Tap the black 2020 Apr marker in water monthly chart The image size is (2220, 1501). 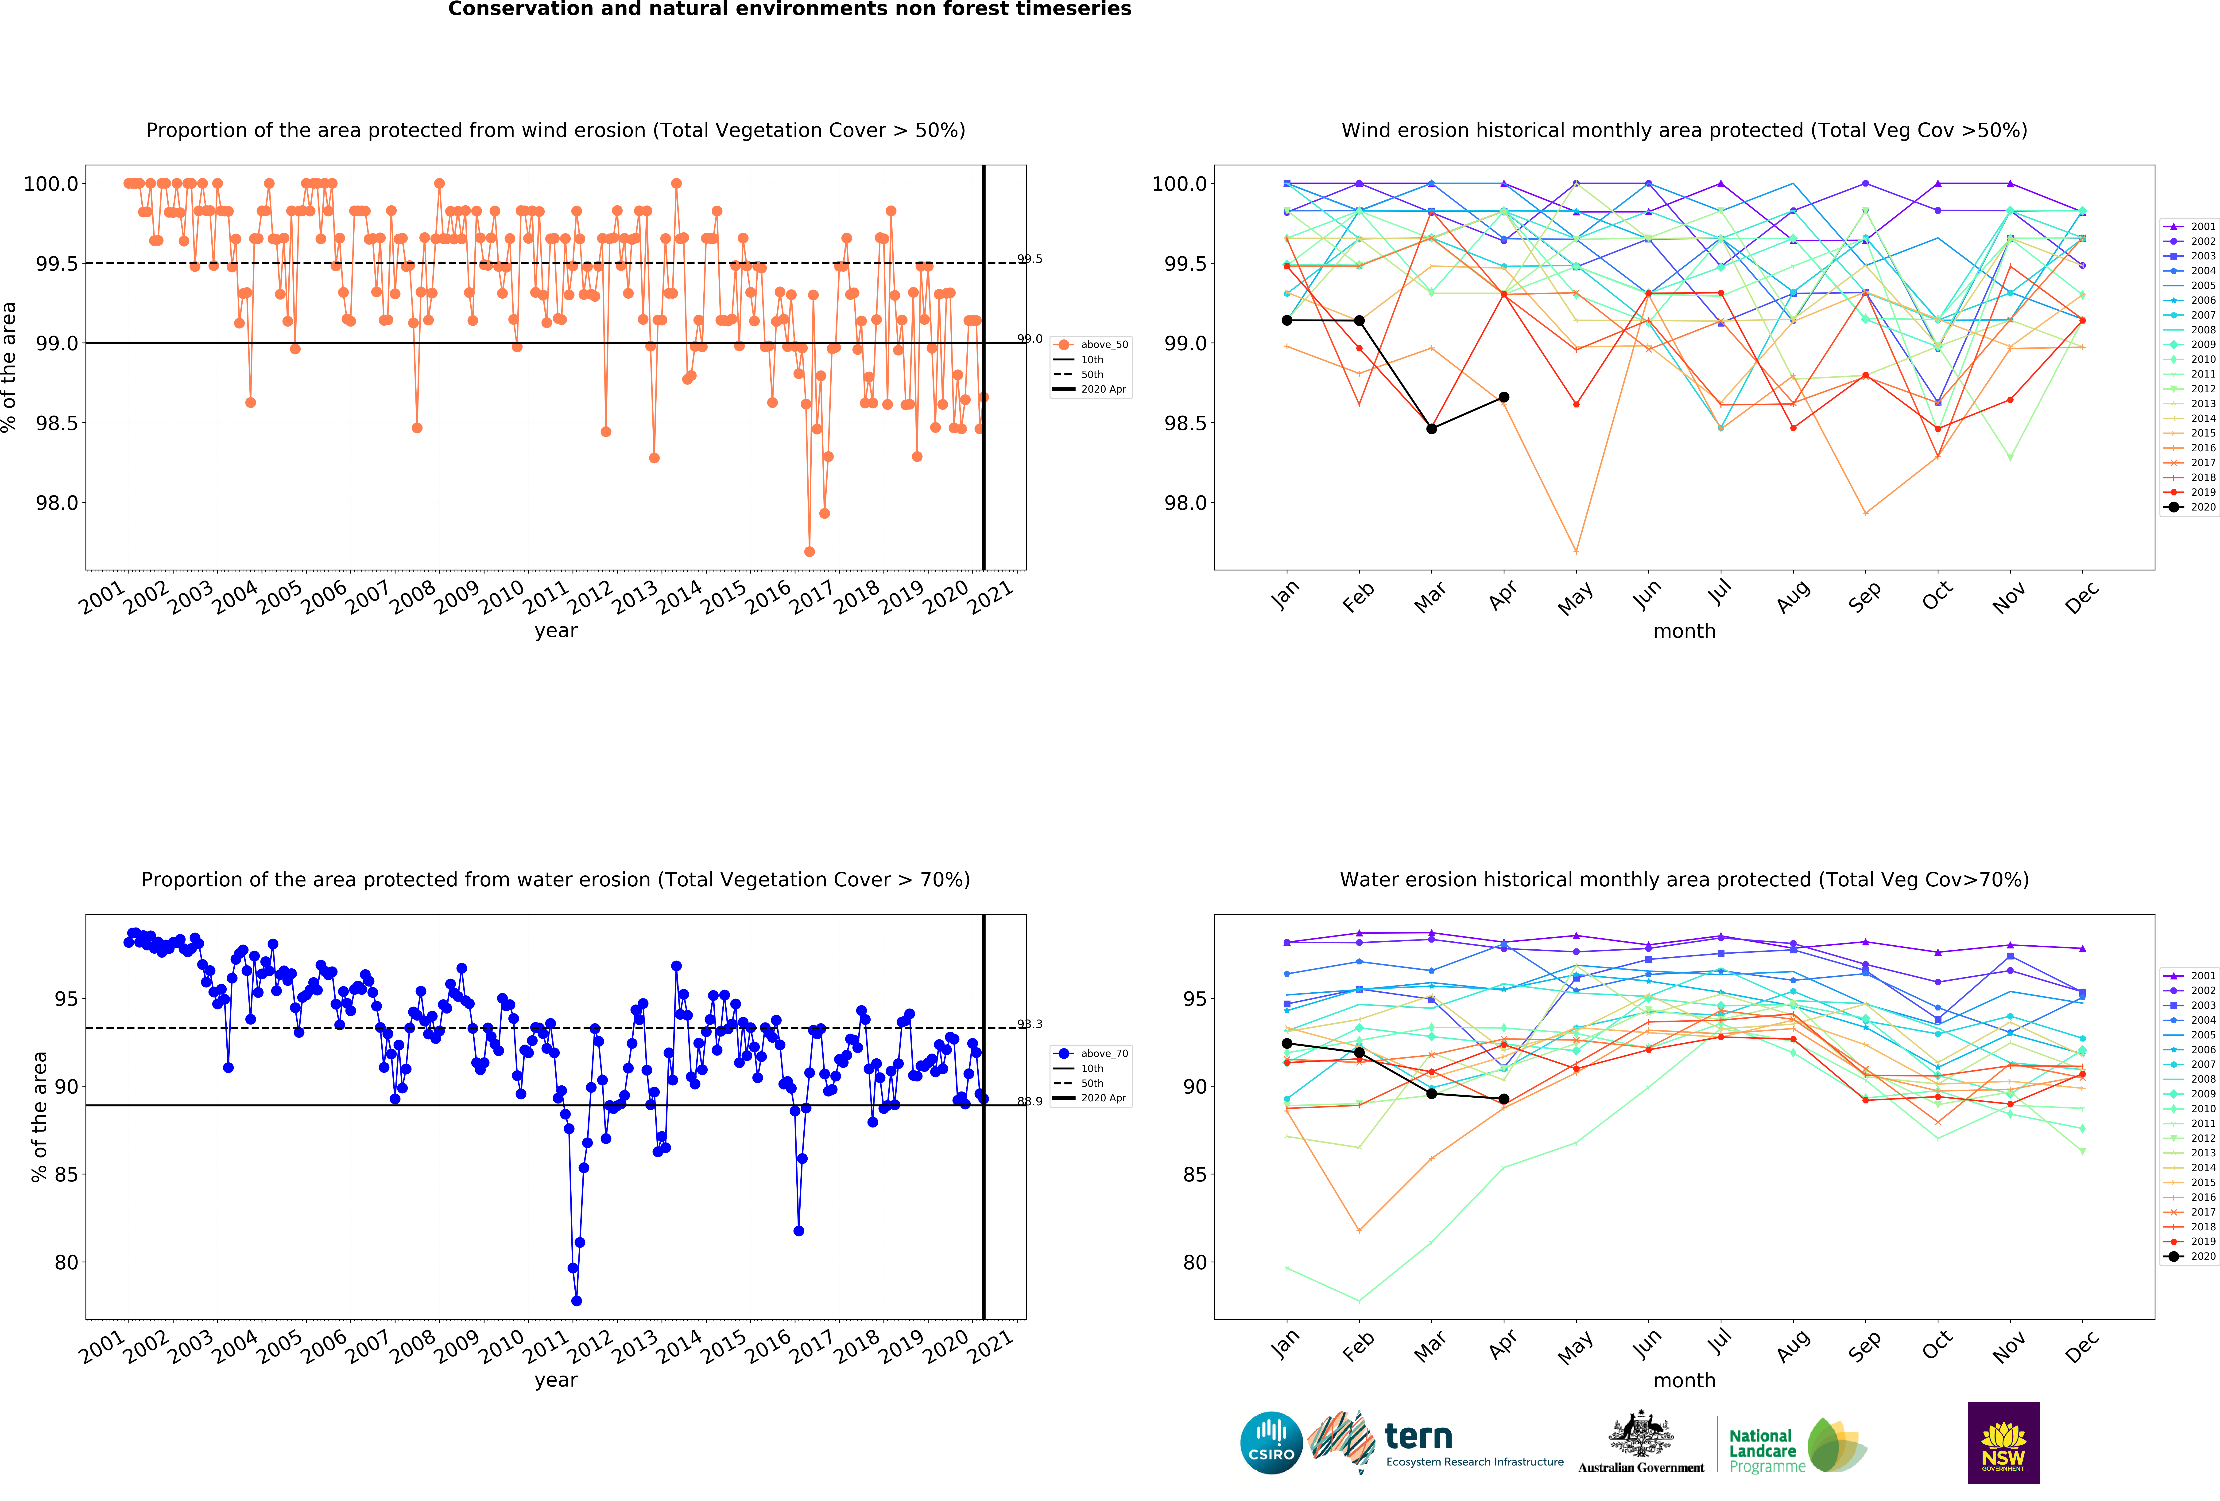pos(1503,1099)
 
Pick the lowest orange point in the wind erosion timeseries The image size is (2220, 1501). pos(809,551)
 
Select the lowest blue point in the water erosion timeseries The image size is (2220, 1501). pos(576,1300)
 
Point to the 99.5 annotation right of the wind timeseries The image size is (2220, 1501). pos(1030,259)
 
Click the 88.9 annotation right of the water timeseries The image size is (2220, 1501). pos(1030,1102)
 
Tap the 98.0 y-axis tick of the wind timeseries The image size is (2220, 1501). pos(57,503)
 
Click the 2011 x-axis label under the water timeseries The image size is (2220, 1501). pos(546,1345)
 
